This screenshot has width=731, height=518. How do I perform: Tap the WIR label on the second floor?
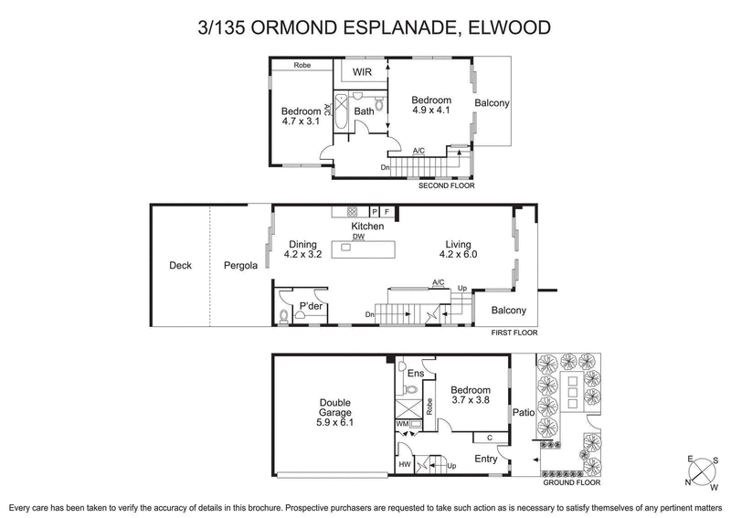tap(363, 70)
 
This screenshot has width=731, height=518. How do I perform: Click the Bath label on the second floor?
tap(364, 111)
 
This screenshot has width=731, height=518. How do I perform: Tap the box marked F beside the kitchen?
tap(387, 212)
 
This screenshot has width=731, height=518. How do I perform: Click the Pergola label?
tap(241, 267)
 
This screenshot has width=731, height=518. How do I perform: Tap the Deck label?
tap(181, 267)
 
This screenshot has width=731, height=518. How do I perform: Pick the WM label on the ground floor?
tap(402, 425)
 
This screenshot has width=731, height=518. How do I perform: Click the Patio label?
tap(523, 413)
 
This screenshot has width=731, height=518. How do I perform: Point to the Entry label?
tap(485, 459)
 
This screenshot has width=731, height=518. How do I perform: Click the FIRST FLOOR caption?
tap(513, 333)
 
